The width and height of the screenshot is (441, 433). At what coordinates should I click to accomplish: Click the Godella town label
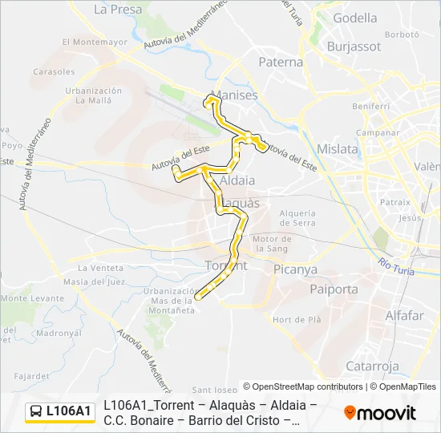(x=355, y=18)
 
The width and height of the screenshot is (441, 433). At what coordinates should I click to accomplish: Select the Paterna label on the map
(x=281, y=62)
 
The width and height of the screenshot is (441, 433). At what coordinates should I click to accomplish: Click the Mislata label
(x=338, y=149)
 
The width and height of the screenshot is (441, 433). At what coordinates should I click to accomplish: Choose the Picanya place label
(x=296, y=270)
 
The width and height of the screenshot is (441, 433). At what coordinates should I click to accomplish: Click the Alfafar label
(x=404, y=315)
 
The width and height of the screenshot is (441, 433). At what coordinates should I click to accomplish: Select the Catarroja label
(x=372, y=366)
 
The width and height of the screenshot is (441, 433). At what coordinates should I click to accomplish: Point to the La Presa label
(x=118, y=10)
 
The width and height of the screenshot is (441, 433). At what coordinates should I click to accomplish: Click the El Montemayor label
(x=95, y=42)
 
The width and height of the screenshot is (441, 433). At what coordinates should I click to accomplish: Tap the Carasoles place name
(x=55, y=71)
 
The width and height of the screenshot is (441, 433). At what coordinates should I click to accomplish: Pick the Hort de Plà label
(x=297, y=319)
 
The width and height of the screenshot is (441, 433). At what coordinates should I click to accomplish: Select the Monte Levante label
(x=32, y=298)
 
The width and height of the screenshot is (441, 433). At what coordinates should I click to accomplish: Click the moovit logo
(x=380, y=412)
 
